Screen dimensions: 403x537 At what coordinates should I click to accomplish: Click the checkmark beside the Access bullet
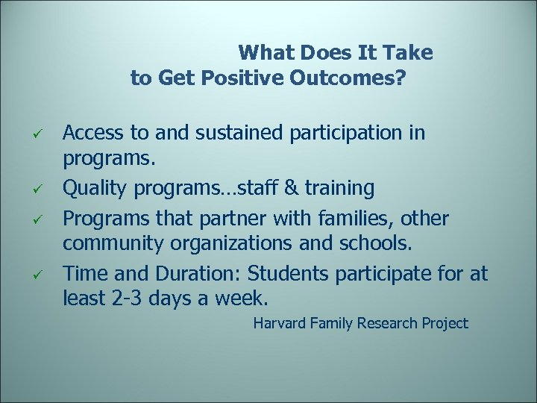44,134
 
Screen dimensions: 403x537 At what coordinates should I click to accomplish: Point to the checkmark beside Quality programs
44,190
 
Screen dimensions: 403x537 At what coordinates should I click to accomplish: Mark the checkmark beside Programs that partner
44,219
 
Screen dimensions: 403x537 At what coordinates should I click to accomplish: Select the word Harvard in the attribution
281,323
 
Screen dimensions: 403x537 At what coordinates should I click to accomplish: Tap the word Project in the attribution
443,323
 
